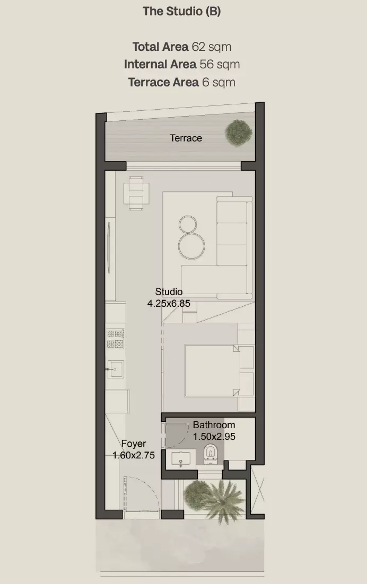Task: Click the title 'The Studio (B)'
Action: [x=182, y=11]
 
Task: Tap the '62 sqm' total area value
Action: [x=212, y=47]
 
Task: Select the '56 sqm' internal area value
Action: [x=220, y=65]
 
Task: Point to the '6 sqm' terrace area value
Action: [x=219, y=82]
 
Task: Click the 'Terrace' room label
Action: [x=186, y=138]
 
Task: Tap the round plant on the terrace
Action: [x=239, y=132]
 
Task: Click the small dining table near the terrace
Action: [x=136, y=193]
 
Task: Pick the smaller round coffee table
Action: [x=188, y=225]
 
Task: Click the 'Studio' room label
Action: [x=169, y=291]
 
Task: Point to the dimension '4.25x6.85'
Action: [x=169, y=304]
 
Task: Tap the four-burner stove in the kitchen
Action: [x=116, y=339]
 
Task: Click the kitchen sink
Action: [x=116, y=369]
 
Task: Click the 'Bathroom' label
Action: [x=214, y=425]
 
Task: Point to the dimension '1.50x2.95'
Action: [x=214, y=437]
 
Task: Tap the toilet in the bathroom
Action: [x=210, y=454]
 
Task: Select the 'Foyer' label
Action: [x=134, y=444]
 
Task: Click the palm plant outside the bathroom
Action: [x=222, y=501]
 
